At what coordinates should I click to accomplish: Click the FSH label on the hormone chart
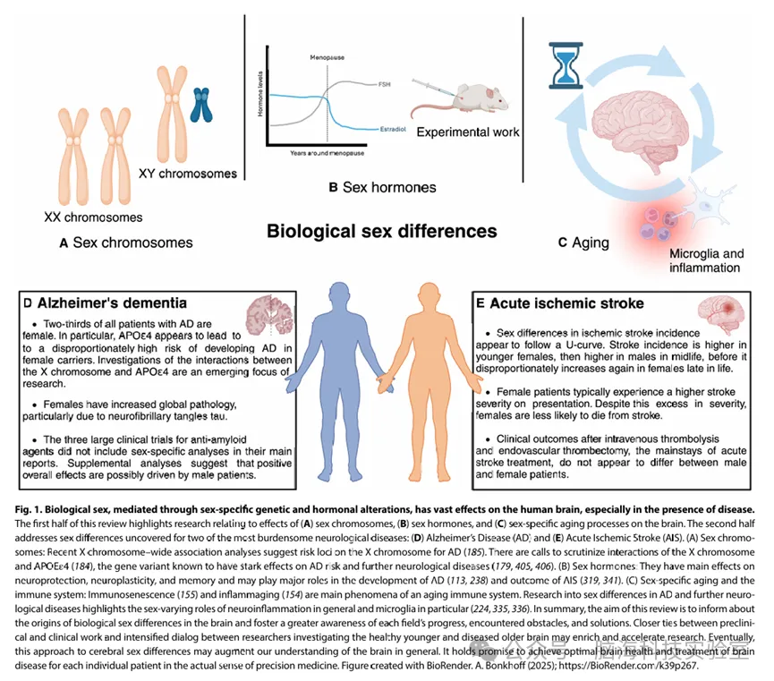coord(386,82)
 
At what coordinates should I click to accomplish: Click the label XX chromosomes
coord(93,217)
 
